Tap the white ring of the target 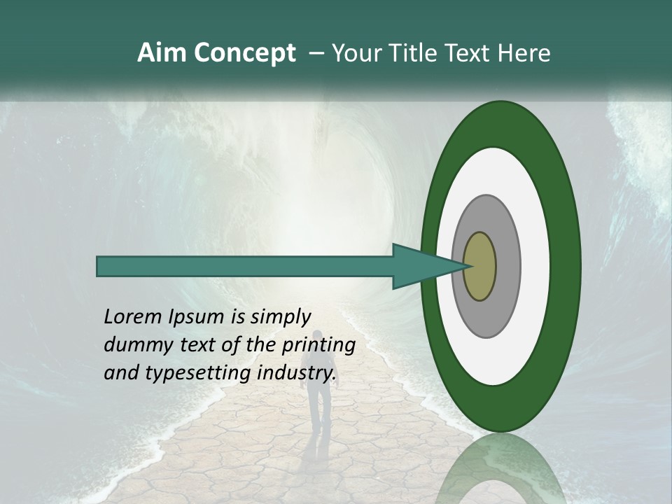pyautogui.click(x=535, y=266)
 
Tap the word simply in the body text pyautogui.click(x=280, y=318)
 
